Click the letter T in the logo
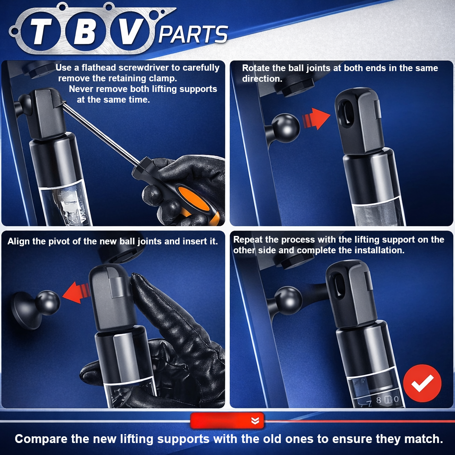coord(41,32)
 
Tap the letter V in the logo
coord(131,32)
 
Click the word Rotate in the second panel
coord(255,68)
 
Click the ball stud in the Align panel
coord(48,303)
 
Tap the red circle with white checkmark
coord(422,383)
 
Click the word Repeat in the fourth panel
coord(247,240)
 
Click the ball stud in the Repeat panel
coord(288,301)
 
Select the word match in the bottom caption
coord(424,439)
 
